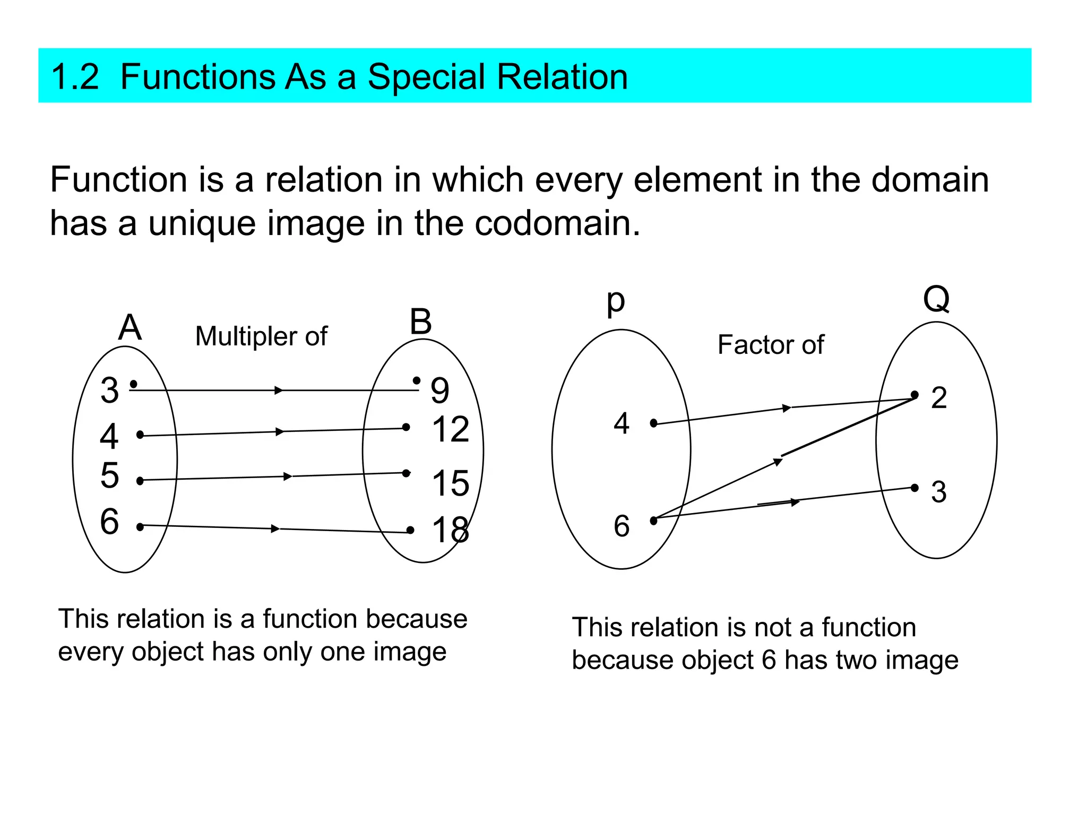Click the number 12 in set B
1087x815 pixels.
tap(451, 429)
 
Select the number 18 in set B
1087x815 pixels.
tap(451, 530)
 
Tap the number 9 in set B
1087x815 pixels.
tap(440, 391)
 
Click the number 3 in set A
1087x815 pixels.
tap(110, 391)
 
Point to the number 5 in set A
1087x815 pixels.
tap(110, 475)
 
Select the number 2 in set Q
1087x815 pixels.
tap(938, 397)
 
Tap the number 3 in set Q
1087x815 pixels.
tap(938, 492)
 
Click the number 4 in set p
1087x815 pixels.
tap(622, 423)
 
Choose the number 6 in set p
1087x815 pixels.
tap(622, 526)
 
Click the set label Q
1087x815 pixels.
tap(936, 299)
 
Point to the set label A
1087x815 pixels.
tap(130, 327)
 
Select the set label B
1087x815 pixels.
tap(421, 322)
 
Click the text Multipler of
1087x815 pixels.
tap(261, 336)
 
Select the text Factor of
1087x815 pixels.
tap(771, 345)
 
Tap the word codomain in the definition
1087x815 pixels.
tap(557, 223)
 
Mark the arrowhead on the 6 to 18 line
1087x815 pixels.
tap(275, 528)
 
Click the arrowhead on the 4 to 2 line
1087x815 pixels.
tap(787, 408)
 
